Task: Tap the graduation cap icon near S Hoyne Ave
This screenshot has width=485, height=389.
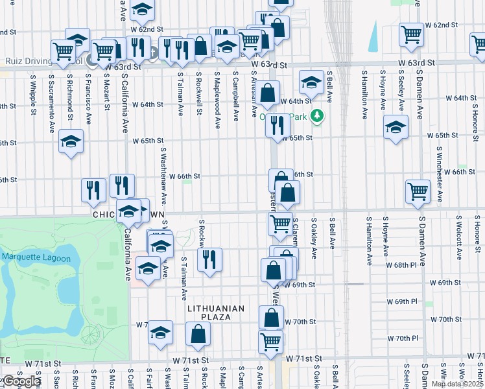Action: pos(395,128)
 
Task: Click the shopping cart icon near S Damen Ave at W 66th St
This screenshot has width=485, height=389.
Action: pos(418,191)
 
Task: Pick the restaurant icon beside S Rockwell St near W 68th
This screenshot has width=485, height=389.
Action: pos(209,260)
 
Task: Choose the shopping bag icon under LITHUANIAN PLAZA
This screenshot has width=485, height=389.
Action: pos(198,334)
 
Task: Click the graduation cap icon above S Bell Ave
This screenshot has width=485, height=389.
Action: pos(311,82)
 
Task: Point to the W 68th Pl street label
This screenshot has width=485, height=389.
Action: pos(402,266)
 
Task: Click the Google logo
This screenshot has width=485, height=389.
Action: pos(20,382)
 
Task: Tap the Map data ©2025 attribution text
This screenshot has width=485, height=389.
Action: pos(456,384)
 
